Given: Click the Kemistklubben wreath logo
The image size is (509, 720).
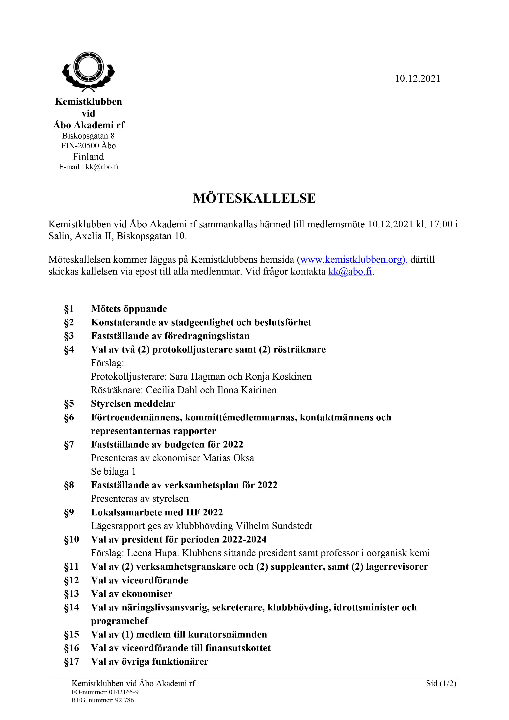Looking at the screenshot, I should click(x=88, y=71).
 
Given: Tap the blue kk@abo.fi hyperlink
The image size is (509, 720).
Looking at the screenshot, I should click(x=350, y=272).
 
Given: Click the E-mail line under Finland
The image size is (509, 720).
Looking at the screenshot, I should click(x=88, y=167).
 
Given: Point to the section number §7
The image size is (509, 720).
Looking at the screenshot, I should click(x=69, y=445).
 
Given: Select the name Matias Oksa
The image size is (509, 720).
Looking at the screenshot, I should click(x=228, y=458).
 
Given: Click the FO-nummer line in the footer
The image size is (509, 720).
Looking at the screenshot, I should click(x=105, y=692).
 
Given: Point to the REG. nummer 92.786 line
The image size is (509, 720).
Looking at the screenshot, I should click(x=103, y=700).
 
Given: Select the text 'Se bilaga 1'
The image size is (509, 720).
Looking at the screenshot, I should click(x=113, y=472).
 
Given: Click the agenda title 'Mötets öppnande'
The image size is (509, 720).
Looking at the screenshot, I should click(x=129, y=309).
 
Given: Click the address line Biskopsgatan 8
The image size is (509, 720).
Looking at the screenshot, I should click(x=88, y=136).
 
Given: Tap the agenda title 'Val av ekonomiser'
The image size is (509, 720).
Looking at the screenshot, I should click(x=132, y=594).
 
